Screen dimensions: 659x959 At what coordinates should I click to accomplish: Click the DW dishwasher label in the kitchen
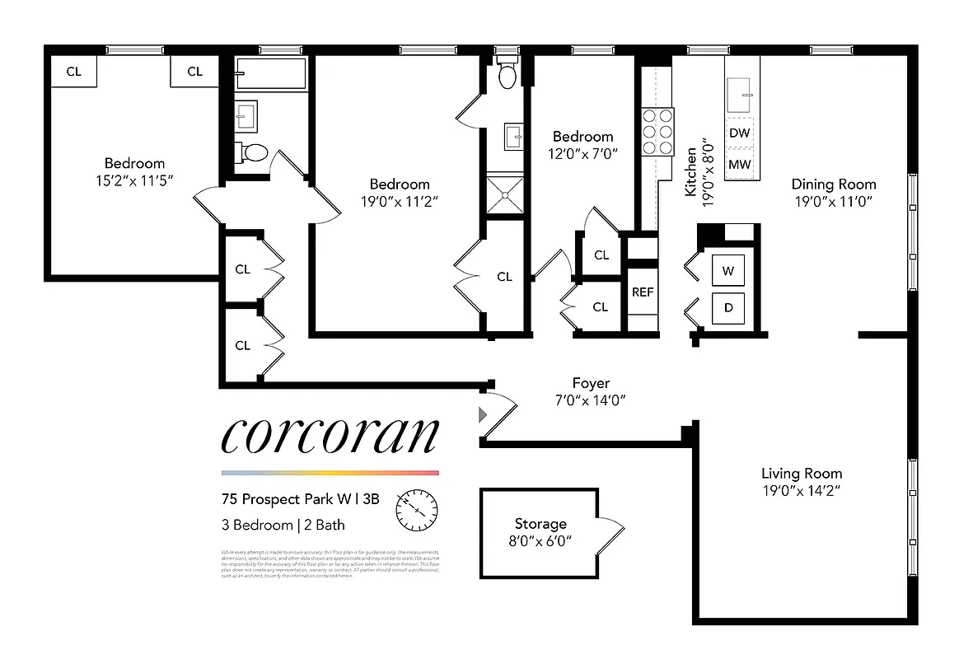coord(740,133)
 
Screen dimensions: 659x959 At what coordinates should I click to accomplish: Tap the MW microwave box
coord(740,164)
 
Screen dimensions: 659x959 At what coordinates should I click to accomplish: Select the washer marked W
coord(727,270)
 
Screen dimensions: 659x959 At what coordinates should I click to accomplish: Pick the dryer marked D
coord(727,307)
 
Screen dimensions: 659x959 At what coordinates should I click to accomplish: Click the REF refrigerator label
coord(643,292)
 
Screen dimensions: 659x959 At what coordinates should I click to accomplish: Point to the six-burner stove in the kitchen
coord(657,132)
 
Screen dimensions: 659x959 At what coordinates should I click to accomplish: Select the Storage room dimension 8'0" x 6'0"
coord(540,540)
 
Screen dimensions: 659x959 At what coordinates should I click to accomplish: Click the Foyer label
coord(591,383)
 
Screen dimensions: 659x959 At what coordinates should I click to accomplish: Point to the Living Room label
coord(801,473)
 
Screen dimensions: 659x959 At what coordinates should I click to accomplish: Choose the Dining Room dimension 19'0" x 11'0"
coord(833,200)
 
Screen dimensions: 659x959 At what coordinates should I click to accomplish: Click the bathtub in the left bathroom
coord(270,74)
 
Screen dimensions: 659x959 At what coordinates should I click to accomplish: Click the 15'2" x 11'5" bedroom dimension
coord(134,180)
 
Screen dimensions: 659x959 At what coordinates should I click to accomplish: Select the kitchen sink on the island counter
coord(739,96)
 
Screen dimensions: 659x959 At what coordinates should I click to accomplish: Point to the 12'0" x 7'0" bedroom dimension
coord(582,153)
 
